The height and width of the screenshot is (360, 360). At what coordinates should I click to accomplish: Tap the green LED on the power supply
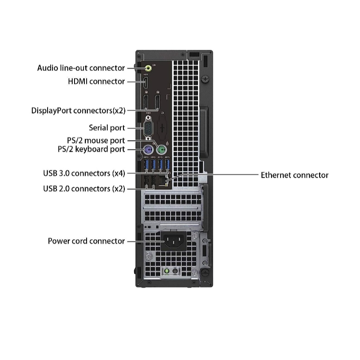[x=167, y=272]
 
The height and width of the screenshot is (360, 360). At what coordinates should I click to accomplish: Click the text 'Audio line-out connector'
[x=81, y=68]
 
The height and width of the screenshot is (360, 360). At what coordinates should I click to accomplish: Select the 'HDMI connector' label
[x=96, y=81]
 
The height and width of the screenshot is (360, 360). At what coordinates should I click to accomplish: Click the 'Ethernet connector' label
[x=294, y=175]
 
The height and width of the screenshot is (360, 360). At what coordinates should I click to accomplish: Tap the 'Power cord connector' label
[x=86, y=241]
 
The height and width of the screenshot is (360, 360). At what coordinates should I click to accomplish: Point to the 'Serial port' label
[x=107, y=128]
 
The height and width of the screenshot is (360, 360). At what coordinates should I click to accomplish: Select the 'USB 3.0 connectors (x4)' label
[x=84, y=173]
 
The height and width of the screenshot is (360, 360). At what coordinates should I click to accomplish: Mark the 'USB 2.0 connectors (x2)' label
[x=84, y=189]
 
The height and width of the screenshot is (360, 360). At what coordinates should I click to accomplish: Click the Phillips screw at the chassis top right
[x=205, y=78]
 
